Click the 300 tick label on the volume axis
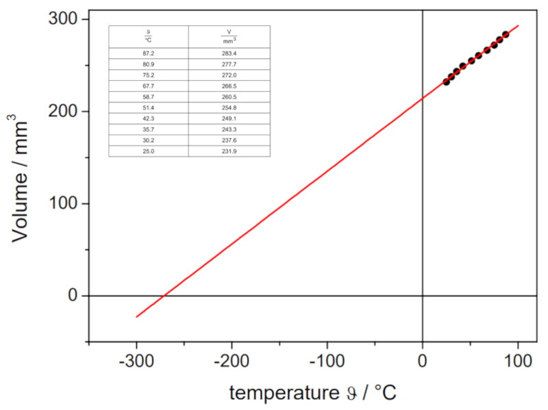64,19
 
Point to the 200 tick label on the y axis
64,112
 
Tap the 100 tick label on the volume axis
64,204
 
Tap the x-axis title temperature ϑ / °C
313,393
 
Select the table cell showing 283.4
229,53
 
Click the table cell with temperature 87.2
148,53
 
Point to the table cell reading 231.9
229,151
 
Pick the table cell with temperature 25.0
148,151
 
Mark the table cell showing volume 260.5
229,97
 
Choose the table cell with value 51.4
148,107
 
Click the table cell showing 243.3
229,129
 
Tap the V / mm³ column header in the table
229,36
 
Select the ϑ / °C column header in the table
148,36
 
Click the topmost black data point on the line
506,34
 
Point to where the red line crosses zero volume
164,296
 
